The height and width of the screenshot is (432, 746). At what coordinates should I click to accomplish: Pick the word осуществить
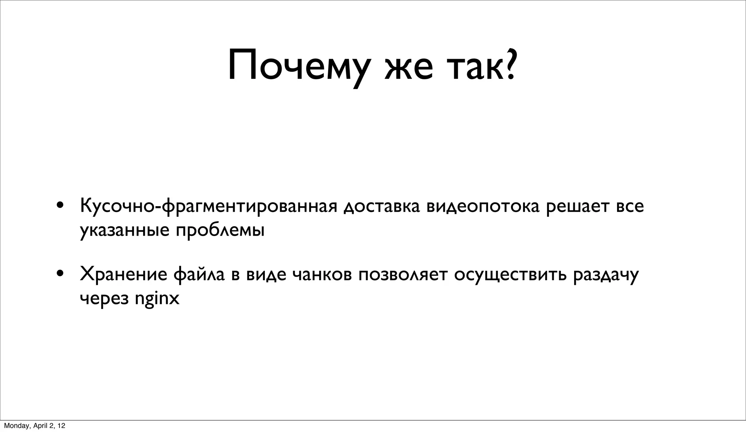click(510, 275)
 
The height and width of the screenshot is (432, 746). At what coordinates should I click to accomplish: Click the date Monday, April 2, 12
click(35, 426)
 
